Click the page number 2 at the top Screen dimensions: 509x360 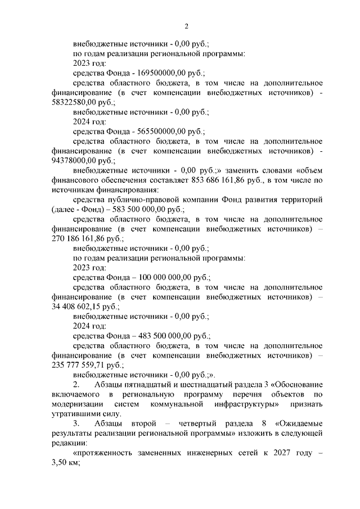click(x=186, y=26)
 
